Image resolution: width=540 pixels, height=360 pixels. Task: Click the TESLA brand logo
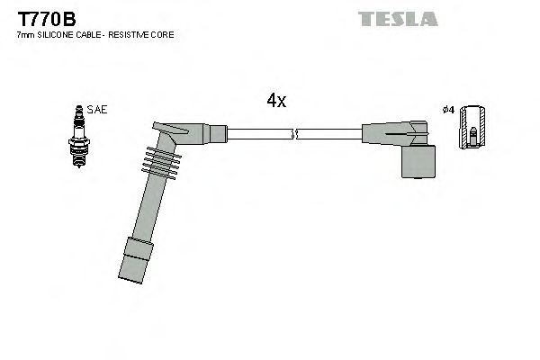397,19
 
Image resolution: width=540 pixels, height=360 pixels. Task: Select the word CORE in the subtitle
163,34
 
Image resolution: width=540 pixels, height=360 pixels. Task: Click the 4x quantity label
276,101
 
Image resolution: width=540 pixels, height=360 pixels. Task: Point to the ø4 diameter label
448,110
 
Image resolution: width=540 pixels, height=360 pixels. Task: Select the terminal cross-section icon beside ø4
473,130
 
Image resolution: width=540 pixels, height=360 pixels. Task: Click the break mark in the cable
293,135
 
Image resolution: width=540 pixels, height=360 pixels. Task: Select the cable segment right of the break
328,135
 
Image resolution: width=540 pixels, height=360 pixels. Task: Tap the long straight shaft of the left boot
146,207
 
